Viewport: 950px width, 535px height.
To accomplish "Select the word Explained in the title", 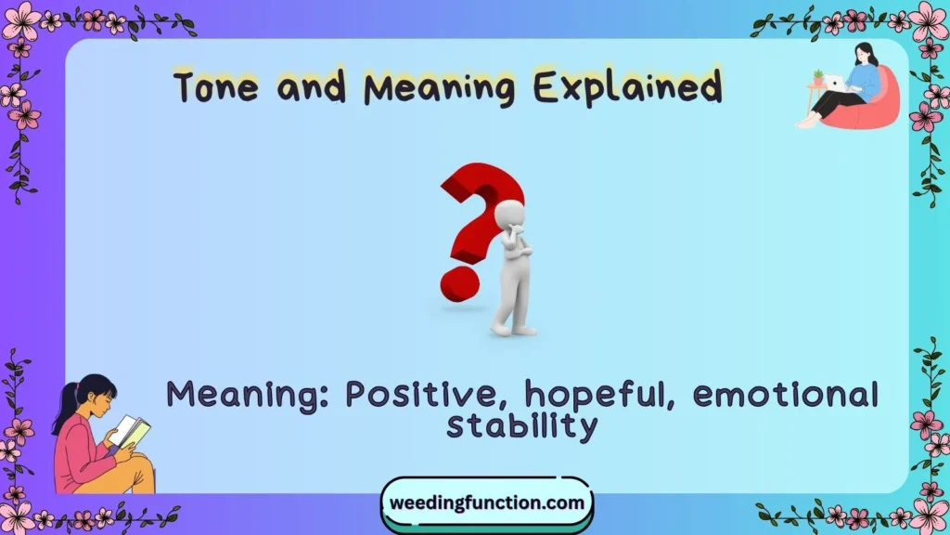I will pyautogui.click(x=626, y=88).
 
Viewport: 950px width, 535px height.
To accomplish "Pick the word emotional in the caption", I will pyautogui.click(x=785, y=396).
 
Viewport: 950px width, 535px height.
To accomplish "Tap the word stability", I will pyautogui.click(x=521, y=426).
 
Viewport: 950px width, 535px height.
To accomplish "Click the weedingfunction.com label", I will pyautogui.click(x=487, y=503).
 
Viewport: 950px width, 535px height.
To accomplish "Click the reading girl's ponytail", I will pyautogui.click(x=68, y=409).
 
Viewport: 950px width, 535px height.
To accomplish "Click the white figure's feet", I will pyautogui.click(x=514, y=328).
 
